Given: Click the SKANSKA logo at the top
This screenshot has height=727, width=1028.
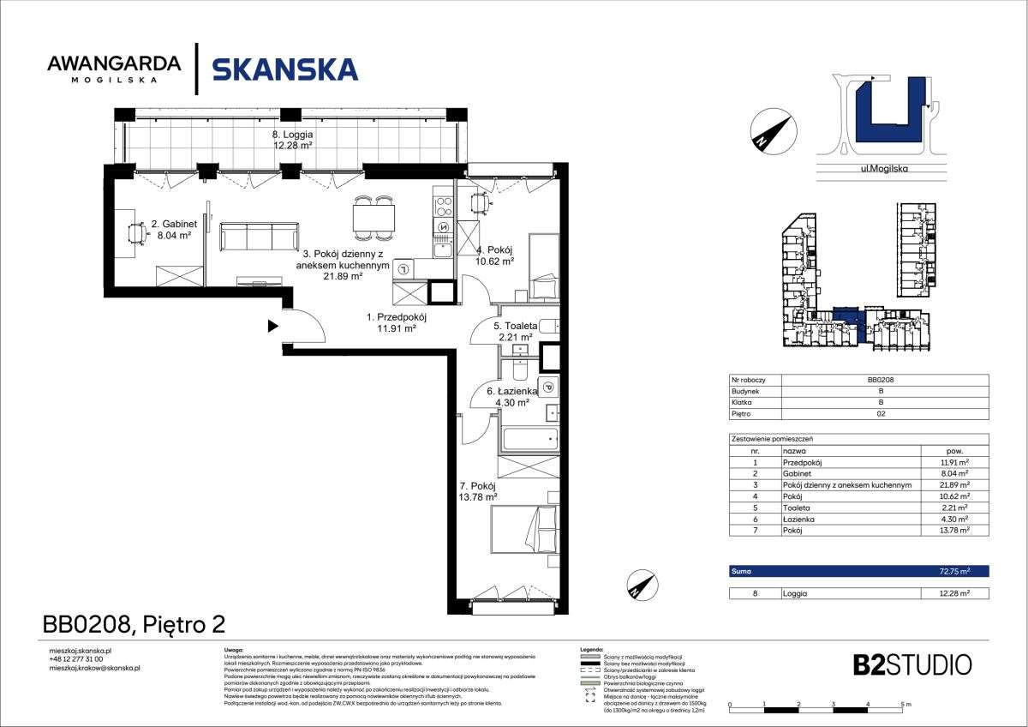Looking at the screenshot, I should (x=284, y=69).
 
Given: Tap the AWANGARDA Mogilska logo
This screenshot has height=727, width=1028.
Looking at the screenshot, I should (x=114, y=68).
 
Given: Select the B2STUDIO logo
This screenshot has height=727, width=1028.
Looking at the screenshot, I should (x=912, y=664).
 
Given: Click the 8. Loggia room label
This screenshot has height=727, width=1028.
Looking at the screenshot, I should (x=292, y=140).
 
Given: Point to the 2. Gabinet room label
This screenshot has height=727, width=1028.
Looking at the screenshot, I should (x=174, y=230).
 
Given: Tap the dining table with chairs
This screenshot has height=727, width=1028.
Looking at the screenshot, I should (x=374, y=219).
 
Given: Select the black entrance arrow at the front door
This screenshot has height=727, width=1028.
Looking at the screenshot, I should (x=272, y=326).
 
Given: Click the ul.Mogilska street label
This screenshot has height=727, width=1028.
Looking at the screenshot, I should (x=883, y=169).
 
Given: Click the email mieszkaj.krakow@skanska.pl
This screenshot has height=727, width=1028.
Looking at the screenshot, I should (x=96, y=667).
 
